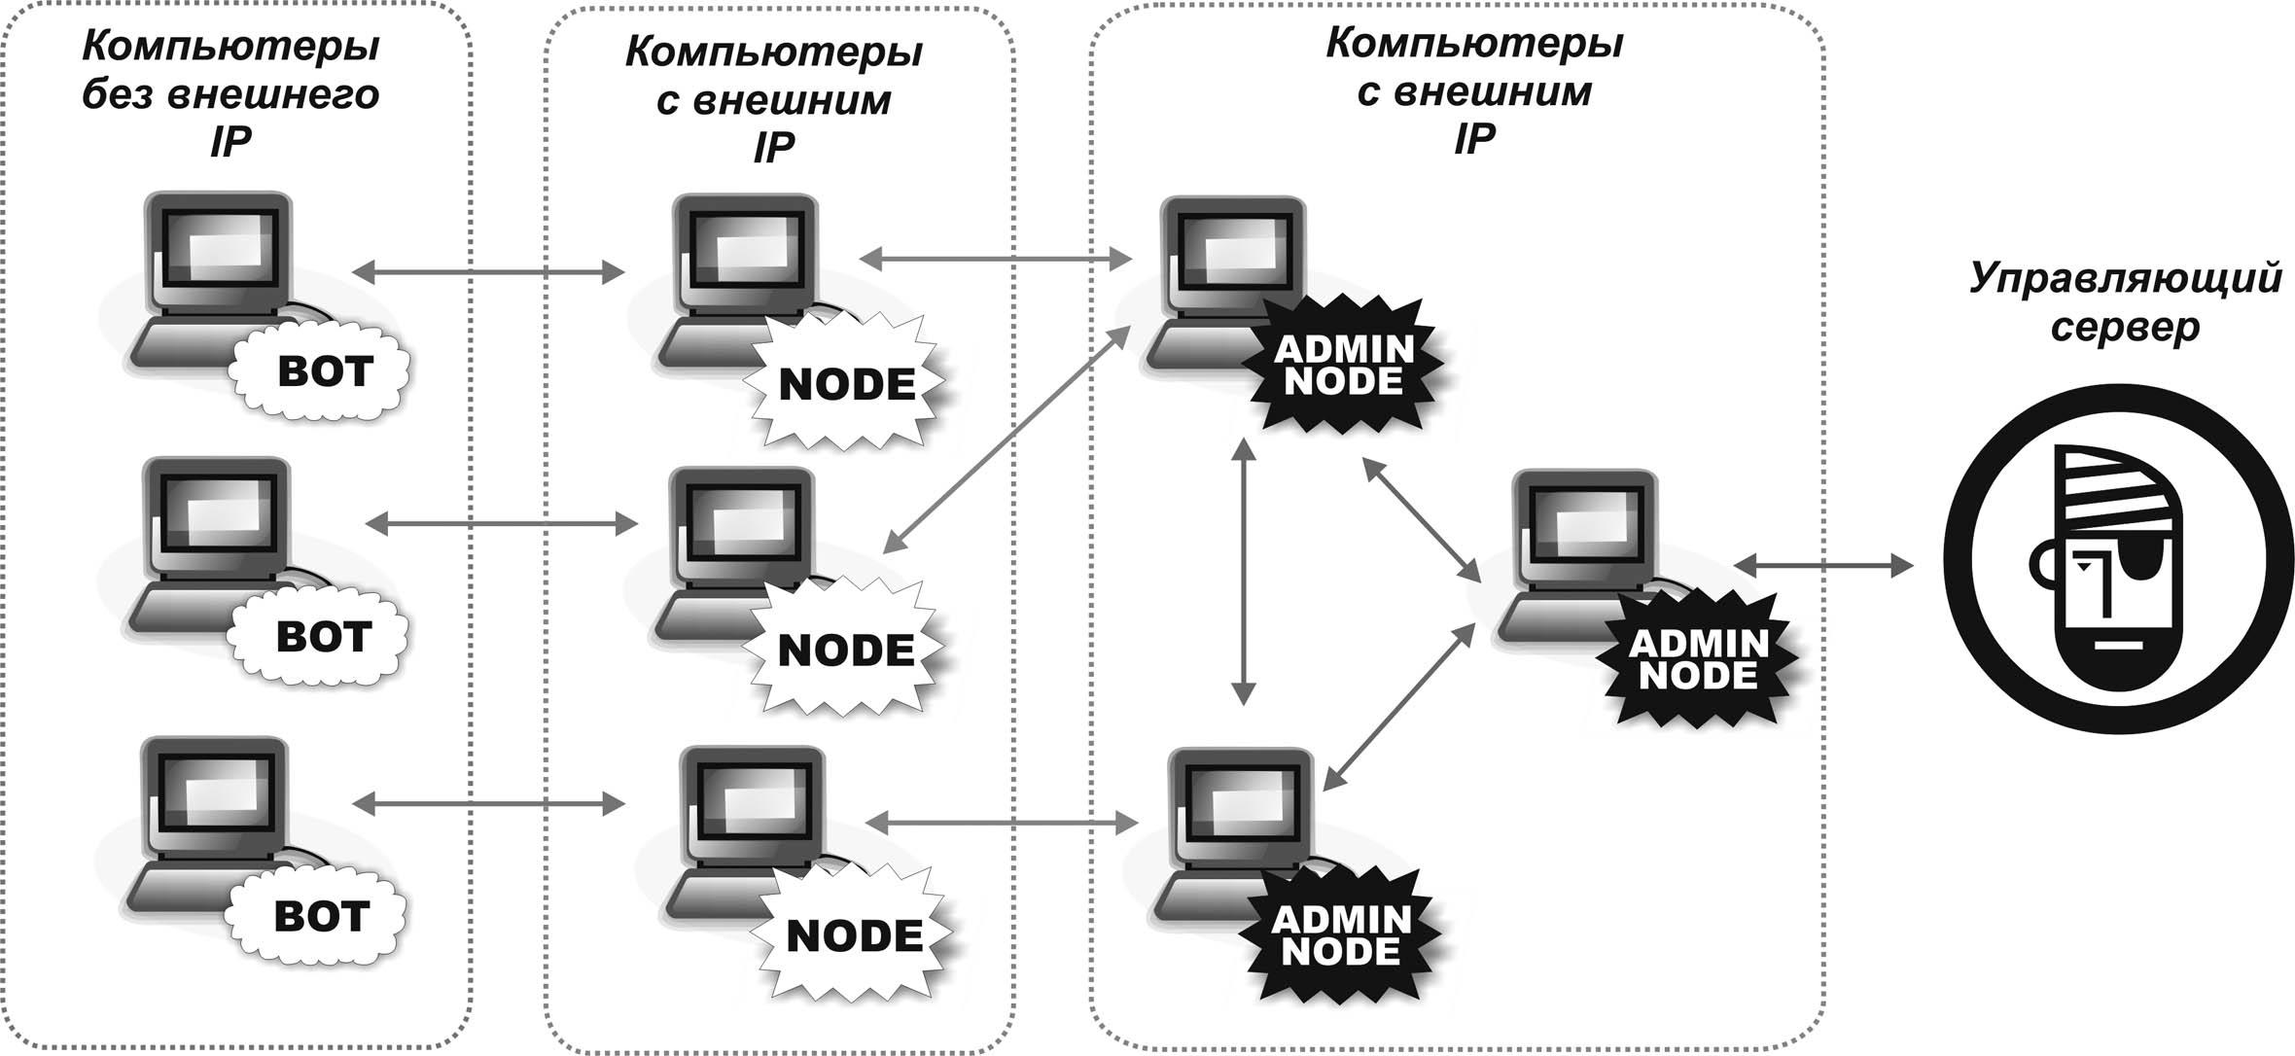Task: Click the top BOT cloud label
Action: (x=322, y=372)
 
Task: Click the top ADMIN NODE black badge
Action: (x=1343, y=364)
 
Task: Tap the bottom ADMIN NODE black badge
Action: (x=1341, y=933)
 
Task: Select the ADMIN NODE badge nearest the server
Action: (x=1697, y=658)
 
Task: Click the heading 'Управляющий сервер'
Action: (x=2125, y=301)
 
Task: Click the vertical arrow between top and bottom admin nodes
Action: (x=1243, y=570)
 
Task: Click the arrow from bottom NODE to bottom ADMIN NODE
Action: (x=1002, y=823)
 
